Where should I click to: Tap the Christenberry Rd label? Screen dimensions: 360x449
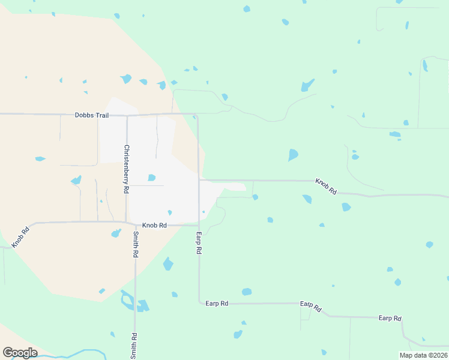point(127,169)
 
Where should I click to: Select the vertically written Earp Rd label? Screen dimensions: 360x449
point(198,242)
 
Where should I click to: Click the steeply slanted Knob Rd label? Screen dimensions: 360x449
point(20,238)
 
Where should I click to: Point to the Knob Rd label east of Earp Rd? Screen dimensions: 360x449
point(326,186)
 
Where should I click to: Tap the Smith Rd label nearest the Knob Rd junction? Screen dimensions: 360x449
point(136,245)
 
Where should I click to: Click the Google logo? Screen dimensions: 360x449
point(20,353)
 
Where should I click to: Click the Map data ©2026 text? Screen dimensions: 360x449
point(423,355)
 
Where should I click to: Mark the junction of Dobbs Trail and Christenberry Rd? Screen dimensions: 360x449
point(127,115)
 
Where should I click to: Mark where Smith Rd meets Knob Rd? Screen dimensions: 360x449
point(134,225)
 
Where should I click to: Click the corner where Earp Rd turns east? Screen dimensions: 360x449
point(199,304)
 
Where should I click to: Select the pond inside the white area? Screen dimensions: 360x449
point(152,178)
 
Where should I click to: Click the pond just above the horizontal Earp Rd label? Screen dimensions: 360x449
point(247,292)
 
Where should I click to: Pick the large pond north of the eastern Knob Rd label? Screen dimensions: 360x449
point(293,155)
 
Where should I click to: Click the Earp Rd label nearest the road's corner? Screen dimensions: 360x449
point(217,304)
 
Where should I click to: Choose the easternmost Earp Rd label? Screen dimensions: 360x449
point(390,318)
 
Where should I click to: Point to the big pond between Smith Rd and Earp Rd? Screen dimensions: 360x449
point(168,264)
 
